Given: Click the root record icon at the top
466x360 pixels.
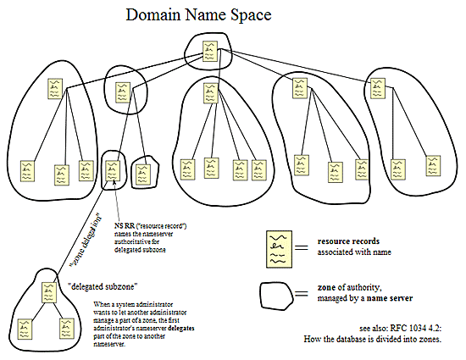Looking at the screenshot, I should pyautogui.click(x=208, y=52).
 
